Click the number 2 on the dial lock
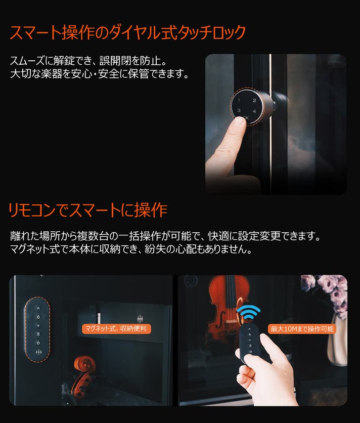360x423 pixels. pyautogui.click(x=254, y=100)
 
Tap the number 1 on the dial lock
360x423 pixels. pyautogui.click(x=239, y=100)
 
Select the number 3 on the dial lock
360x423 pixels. pyautogui.click(x=239, y=110)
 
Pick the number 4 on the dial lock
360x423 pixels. pyautogui.click(x=254, y=111)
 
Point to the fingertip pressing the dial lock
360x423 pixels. pyautogui.click(x=239, y=122)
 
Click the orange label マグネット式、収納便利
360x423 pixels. pyautogui.click(x=116, y=328)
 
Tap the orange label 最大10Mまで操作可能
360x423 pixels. pyautogui.click(x=302, y=329)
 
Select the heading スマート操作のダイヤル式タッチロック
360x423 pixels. pyautogui.click(x=127, y=33)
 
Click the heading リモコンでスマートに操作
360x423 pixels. pyautogui.click(x=88, y=210)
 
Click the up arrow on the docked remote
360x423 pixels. pyautogui.click(x=38, y=308)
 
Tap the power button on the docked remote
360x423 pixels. pyautogui.click(x=38, y=343)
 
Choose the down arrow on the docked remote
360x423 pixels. pyautogui.click(x=38, y=326)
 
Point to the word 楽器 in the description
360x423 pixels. pyautogui.click(x=51, y=74)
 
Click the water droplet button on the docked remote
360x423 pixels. pyautogui.click(x=38, y=317)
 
